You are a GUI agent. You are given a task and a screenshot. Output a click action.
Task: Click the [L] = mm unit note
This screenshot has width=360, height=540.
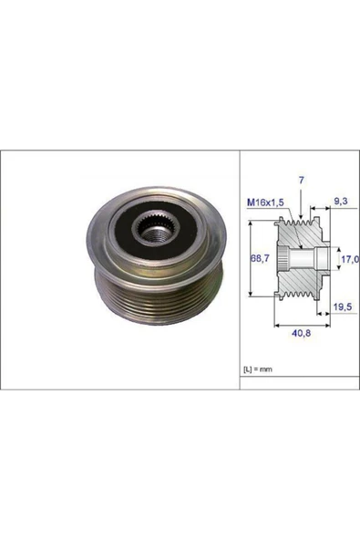(257, 369)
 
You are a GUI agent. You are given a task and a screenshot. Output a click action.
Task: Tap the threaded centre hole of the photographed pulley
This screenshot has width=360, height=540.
(147, 240)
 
